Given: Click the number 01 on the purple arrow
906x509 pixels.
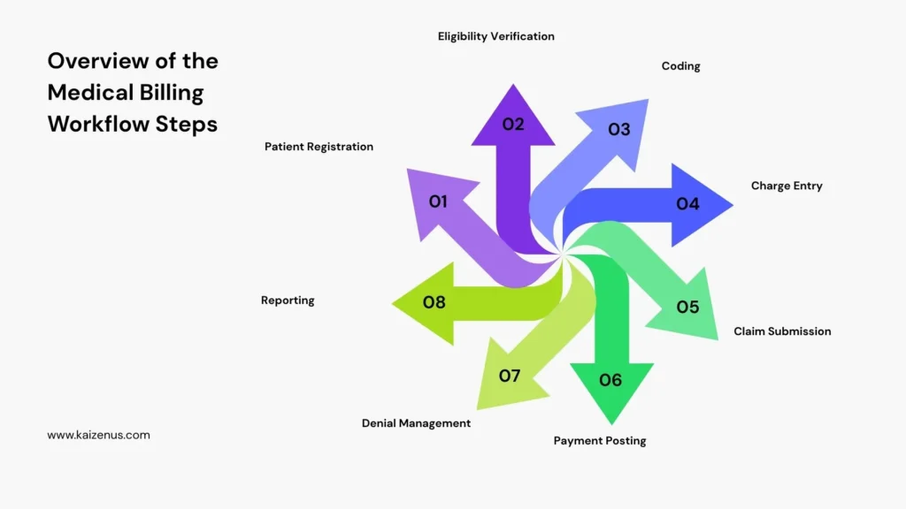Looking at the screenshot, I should [x=438, y=201].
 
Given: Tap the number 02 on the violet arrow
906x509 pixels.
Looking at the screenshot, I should [x=513, y=125].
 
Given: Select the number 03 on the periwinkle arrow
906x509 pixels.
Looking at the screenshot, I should [x=619, y=130].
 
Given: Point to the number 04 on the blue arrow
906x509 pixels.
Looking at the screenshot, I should [x=687, y=204].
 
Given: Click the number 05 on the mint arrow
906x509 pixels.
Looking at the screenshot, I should [x=687, y=308].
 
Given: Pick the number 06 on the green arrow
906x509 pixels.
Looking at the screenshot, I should [x=610, y=380].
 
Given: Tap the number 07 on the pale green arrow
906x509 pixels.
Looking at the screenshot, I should [x=510, y=376].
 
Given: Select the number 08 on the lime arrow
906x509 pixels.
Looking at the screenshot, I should [x=434, y=302].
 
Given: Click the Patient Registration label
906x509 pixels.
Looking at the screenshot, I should [x=319, y=147].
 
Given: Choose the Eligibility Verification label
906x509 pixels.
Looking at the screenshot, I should [x=496, y=36].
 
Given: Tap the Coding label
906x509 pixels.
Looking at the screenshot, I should [x=681, y=66].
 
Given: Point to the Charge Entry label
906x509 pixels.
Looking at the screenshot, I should [x=787, y=186].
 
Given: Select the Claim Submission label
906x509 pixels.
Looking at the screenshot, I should [x=782, y=331].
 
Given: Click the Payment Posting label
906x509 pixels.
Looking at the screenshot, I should [x=600, y=440].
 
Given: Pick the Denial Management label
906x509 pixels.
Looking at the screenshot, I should [x=416, y=423].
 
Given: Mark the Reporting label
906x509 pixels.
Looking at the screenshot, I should [x=288, y=300].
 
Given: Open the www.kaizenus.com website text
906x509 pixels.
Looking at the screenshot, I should [x=98, y=435].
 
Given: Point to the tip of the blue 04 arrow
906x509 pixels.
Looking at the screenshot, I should [x=731, y=205].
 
